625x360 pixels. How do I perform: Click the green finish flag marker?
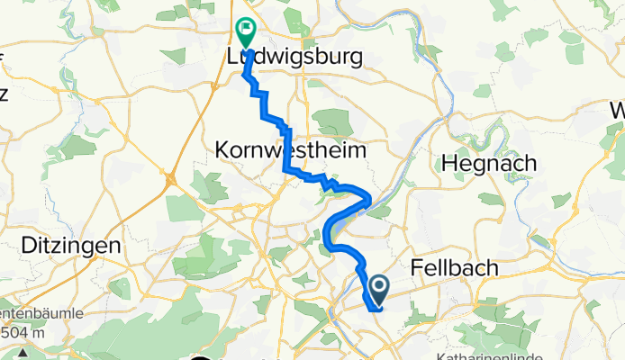(245, 32)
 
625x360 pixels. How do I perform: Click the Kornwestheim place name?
(291, 150)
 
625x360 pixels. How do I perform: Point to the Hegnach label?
(489, 164)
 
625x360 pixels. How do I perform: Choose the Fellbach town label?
(456, 267)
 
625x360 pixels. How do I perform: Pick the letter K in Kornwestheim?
(223, 150)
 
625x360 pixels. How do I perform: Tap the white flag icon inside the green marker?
(245, 30)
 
